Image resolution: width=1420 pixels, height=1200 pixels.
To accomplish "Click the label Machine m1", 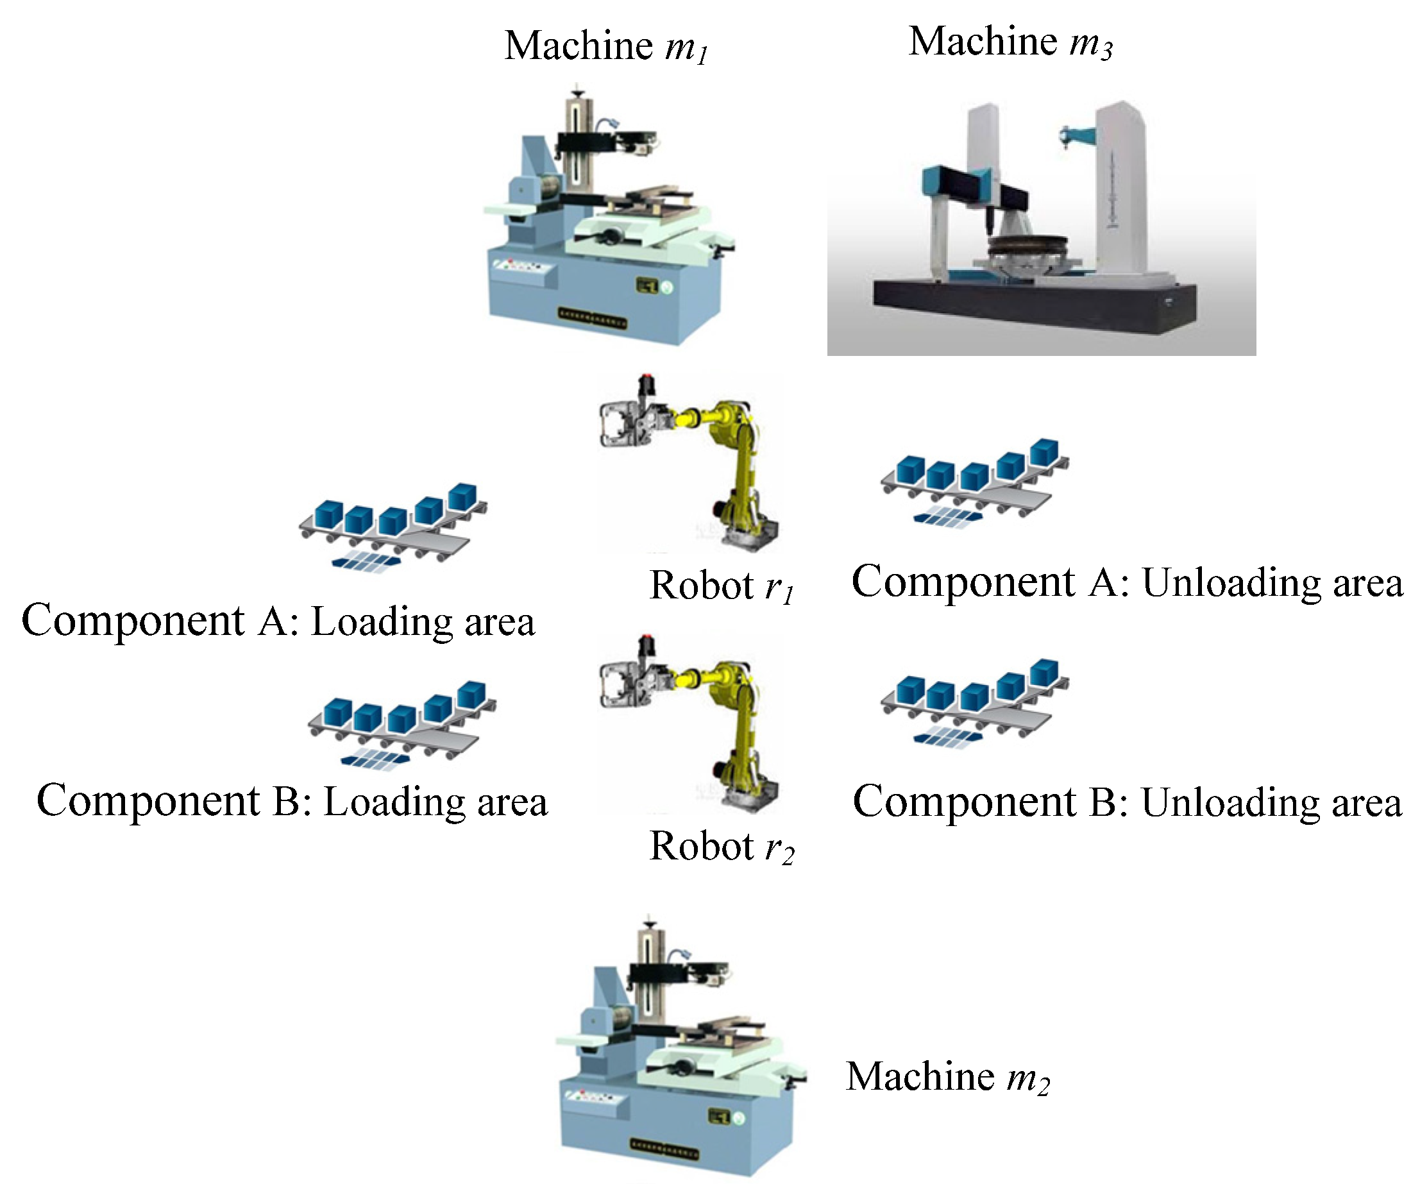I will pos(606,46).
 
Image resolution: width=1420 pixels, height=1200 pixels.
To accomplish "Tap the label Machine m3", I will pos(1010,42).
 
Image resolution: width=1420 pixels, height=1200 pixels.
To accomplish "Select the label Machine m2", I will pos(948,1077).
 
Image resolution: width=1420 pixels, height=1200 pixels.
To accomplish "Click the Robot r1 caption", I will pos(722,586).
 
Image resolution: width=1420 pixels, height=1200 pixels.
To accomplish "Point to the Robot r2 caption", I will pos(722,846).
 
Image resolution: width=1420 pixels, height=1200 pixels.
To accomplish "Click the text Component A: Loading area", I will pos(278,621).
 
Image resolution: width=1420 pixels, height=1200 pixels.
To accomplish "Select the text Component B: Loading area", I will pos(292,801).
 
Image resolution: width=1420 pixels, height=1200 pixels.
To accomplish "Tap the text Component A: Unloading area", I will pos(1127,582).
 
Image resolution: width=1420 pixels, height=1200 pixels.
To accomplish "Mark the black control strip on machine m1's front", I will pos(592,317).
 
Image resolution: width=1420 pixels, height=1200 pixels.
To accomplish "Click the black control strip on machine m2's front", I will pos(664,1150).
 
